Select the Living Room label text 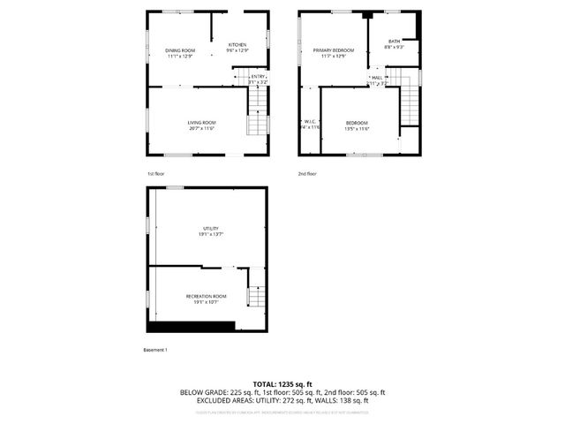pyautogui.click(x=201, y=123)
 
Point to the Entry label pyautogui.click(x=258, y=77)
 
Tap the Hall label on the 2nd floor pyautogui.click(x=377, y=78)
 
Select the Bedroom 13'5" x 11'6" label pyautogui.click(x=357, y=123)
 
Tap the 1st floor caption pyautogui.click(x=155, y=174)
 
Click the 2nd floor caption pyautogui.click(x=306, y=174)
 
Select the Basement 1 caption pyautogui.click(x=155, y=350)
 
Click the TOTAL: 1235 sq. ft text pyautogui.click(x=282, y=384)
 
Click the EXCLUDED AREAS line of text pyautogui.click(x=282, y=400)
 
